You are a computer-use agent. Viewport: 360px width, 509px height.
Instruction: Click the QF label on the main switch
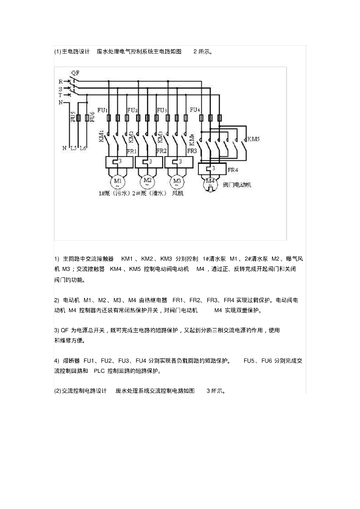tap(75, 73)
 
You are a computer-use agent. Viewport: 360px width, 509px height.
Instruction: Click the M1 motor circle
tap(118, 180)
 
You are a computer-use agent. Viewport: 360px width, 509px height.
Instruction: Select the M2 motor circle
tap(148, 180)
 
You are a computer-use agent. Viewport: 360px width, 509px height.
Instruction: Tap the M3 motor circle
tap(177, 180)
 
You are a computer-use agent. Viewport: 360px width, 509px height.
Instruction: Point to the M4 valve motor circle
tap(210, 182)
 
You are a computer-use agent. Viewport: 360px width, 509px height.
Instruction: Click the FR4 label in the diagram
tap(233, 170)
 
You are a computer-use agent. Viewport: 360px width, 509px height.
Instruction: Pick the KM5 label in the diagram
tap(253, 139)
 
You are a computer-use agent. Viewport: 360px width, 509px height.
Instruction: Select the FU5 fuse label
tap(73, 117)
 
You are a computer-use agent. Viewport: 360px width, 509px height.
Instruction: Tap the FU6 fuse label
tap(92, 117)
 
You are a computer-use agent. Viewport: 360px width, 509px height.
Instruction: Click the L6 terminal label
tap(83, 148)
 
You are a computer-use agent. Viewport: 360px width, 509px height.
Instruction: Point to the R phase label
tap(61, 81)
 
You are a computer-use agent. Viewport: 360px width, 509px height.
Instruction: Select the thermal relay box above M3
tap(177, 162)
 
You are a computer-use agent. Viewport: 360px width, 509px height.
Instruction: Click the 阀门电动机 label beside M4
tap(238, 184)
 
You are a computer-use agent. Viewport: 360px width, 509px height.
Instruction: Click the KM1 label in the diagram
tap(101, 137)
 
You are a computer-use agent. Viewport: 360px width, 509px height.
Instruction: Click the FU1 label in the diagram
tap(102, 110)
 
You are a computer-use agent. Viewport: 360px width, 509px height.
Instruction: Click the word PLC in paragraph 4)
tap(99, 371)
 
